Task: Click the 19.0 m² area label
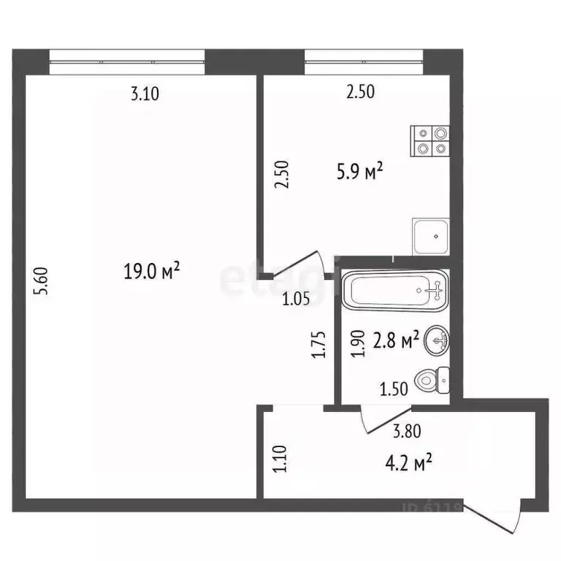152,272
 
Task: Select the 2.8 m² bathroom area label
395,340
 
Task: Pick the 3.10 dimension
144,93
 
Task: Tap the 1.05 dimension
296,297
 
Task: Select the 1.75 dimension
318,345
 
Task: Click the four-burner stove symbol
430,140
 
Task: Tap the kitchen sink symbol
430,236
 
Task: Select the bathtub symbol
395,291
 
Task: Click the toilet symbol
432,380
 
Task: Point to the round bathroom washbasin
437,338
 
